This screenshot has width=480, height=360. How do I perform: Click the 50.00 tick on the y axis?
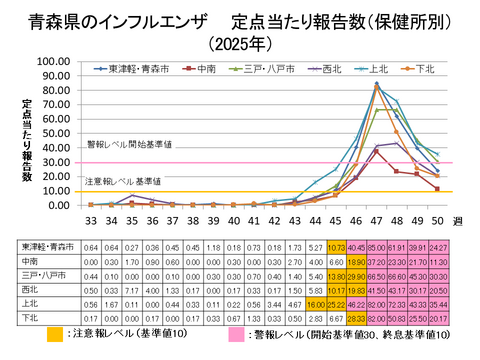(x=53, y=133)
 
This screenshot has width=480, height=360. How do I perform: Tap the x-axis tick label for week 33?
(x=91, y=219)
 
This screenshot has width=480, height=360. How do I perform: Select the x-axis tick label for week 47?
(x=376, y=219)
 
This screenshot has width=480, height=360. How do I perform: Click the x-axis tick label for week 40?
(x=233, y=219)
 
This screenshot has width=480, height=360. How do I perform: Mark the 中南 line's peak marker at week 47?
(x=376, y=151)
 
